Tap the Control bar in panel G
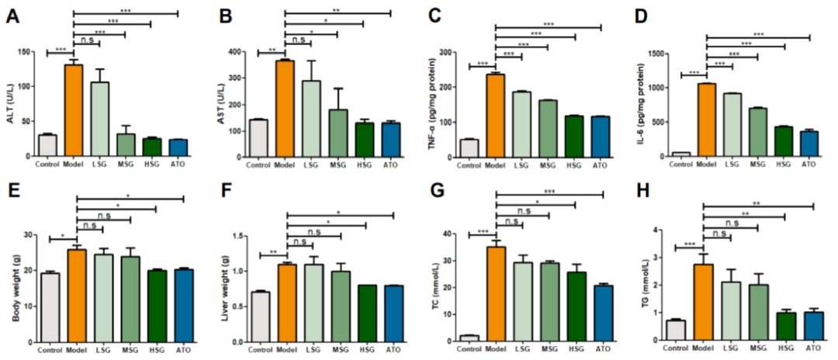[x=469, y=337]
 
